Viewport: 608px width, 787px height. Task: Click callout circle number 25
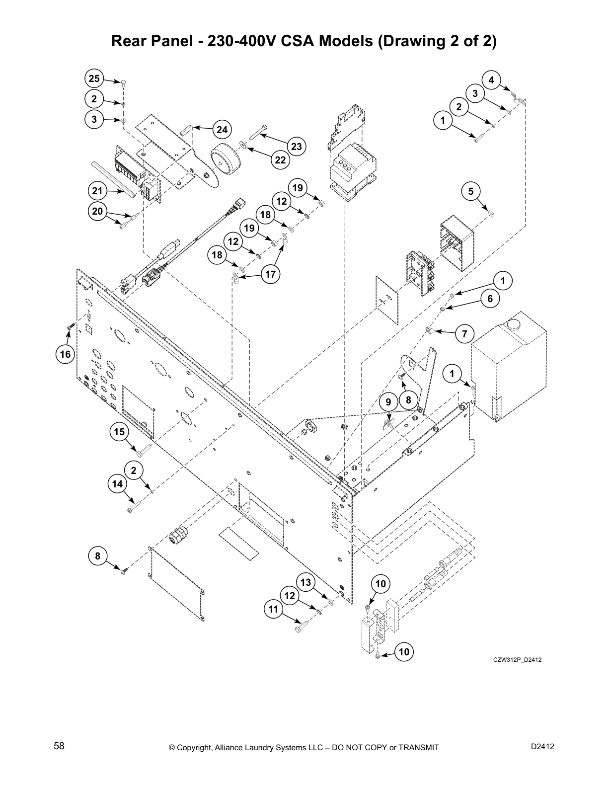pyautogui.click(x=94, y=79)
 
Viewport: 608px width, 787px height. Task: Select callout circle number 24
pyautogui.click(x=222, y=130)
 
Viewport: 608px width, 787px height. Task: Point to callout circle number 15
pyautogui.click(x=119, y=432)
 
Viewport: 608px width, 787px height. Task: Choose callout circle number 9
pyautogui.click(x=388, y=401)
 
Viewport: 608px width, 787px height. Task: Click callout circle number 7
pyautogui.click(x=464, y=334)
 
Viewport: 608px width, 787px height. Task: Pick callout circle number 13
pyautogui.click(x=305, y=582)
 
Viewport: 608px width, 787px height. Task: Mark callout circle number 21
pyautogui.click(x=97, y=191)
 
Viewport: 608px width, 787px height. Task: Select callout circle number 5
pyautogui.click(x=471, y=191)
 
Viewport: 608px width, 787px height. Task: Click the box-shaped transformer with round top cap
pyautogui.click(x=508, y=365)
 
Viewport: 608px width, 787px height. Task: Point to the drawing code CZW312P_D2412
pyautogui.click(x=517, y=660)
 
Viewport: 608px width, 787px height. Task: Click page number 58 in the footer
pyautogui.click(x=59, y=746)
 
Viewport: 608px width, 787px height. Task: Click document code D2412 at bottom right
pyautogui.click(x=542, y=746)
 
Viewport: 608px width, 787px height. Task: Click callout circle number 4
pyautogui.click(x=491, y=79)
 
